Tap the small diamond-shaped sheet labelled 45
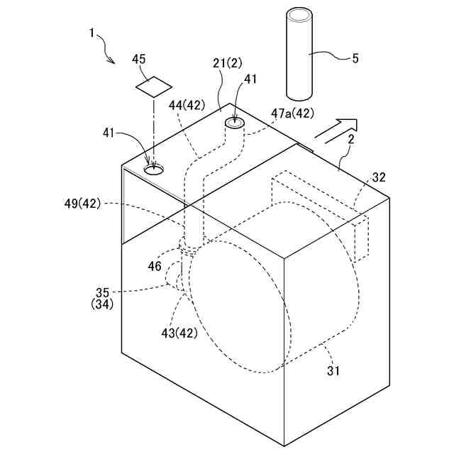coord(154,87)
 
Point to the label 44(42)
coord(187,105)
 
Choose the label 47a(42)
coord(292,112)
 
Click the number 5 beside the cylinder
coord(355,57)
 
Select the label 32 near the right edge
coord(379,177)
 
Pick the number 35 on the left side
coord(103,292)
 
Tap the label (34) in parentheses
coord(103,304)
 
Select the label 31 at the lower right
coord(333,369)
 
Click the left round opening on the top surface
coord(154,170)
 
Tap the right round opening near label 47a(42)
coord(235,124)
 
